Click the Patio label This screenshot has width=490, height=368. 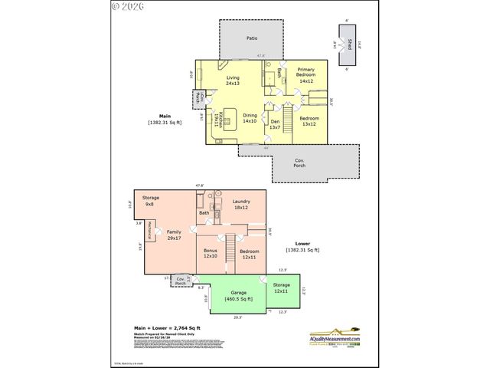pos(251,38)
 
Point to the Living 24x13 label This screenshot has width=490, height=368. pos(234,81)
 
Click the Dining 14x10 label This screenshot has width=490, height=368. pos(250,119)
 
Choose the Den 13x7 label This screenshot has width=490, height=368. pos(276,124)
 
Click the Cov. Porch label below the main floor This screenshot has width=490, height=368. pos(299,164)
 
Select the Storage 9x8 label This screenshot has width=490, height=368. pos(150,201)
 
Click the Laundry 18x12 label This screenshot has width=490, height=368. pos(241,205)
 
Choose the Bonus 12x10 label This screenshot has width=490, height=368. pos(211,254)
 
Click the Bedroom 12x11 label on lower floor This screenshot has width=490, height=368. pos(250,255)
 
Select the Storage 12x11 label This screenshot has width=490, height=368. pos(281,288)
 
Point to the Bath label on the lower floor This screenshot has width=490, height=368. pos(204,212)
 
